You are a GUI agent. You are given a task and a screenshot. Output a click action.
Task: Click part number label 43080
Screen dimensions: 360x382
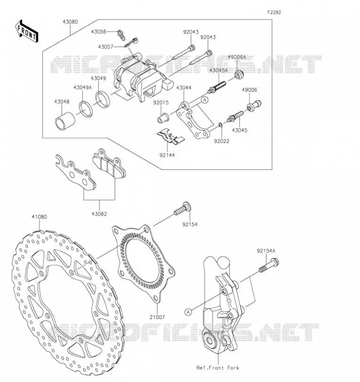[x=70, y=22]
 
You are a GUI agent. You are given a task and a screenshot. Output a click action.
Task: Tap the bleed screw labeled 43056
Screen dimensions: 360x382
[x=120, y=35]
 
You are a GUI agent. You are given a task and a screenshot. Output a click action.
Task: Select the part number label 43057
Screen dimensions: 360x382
[x=106, y=47]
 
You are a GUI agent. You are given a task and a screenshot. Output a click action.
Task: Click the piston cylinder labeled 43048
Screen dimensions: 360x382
[x=65, y=121]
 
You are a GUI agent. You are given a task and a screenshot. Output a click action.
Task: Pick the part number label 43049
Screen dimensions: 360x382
[x=98, y=78]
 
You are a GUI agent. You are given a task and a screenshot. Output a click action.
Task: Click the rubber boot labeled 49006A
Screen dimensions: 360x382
[x=239, y=74]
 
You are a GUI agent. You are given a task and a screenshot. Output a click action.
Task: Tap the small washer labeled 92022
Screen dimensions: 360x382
[x=221, y=125]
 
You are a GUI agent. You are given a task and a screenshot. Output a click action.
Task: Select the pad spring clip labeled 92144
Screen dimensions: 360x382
[x=170, y=137]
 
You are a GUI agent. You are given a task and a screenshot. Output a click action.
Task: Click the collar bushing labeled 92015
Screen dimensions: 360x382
[x=162, y=118]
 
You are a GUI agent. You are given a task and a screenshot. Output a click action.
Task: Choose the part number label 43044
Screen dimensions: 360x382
[x=184, y=88]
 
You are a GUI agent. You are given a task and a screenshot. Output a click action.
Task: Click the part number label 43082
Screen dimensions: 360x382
[x=99, y=214]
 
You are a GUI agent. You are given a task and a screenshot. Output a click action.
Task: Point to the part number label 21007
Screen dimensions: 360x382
[x=157, y=317]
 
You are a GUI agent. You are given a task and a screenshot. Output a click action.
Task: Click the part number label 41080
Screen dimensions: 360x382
[x=39, y=217]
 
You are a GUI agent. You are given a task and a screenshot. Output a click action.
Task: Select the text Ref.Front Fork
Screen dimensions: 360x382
[x=218, y=368]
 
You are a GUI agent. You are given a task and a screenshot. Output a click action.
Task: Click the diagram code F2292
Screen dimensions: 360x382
[x=274, y=12]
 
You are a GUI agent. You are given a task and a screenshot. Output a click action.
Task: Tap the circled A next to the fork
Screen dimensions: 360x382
[x=188, y=312]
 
